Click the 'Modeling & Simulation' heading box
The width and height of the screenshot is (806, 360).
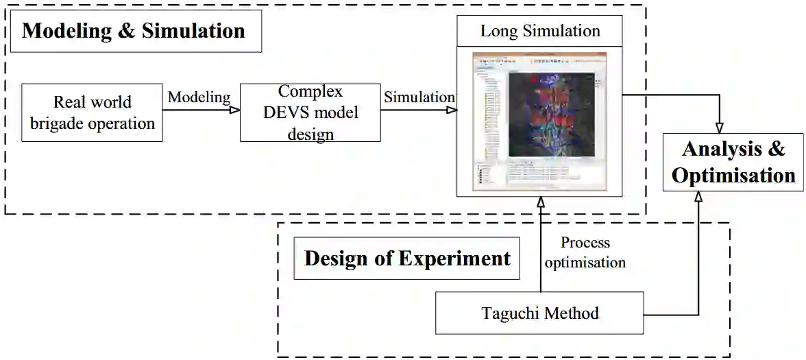(x=134, y=31)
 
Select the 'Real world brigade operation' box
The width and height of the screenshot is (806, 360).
(x=92, y=113)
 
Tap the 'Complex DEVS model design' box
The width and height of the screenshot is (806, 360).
(x=310, y=113)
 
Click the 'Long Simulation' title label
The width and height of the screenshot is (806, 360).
(x=540, y=31)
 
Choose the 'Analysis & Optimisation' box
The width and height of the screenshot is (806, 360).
(x=733, y=163)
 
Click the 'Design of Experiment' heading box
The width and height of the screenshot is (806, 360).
(x=407, y=259)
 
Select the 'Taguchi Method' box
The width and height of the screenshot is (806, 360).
(x=540, y=313)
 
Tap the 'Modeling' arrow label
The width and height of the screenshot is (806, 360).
(x=199, y=97)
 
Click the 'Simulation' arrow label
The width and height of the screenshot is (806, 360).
(x=419, y=97)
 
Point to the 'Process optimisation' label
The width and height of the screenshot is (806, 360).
(x=585, y=252)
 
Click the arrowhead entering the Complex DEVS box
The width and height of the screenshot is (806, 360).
(x=234, y=110)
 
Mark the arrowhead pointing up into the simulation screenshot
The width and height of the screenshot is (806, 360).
(x=540, y=202)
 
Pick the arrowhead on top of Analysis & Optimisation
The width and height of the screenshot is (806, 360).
(x=719, y=128)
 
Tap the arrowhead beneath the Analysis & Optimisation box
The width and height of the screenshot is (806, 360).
(x=698, y=195)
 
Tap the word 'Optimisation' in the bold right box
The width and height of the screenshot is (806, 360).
(x=733, y=176)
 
